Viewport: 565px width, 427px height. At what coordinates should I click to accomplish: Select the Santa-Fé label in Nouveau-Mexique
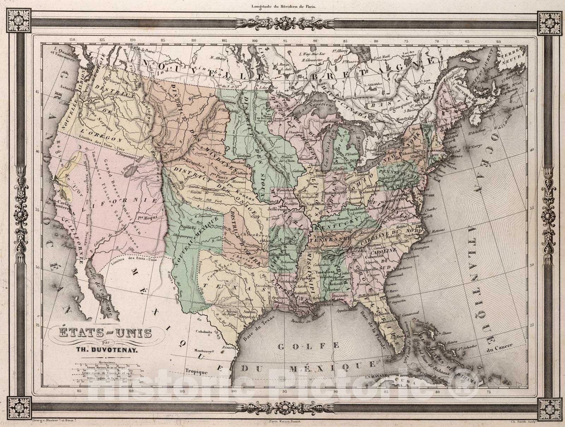(x=188, y=227)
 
